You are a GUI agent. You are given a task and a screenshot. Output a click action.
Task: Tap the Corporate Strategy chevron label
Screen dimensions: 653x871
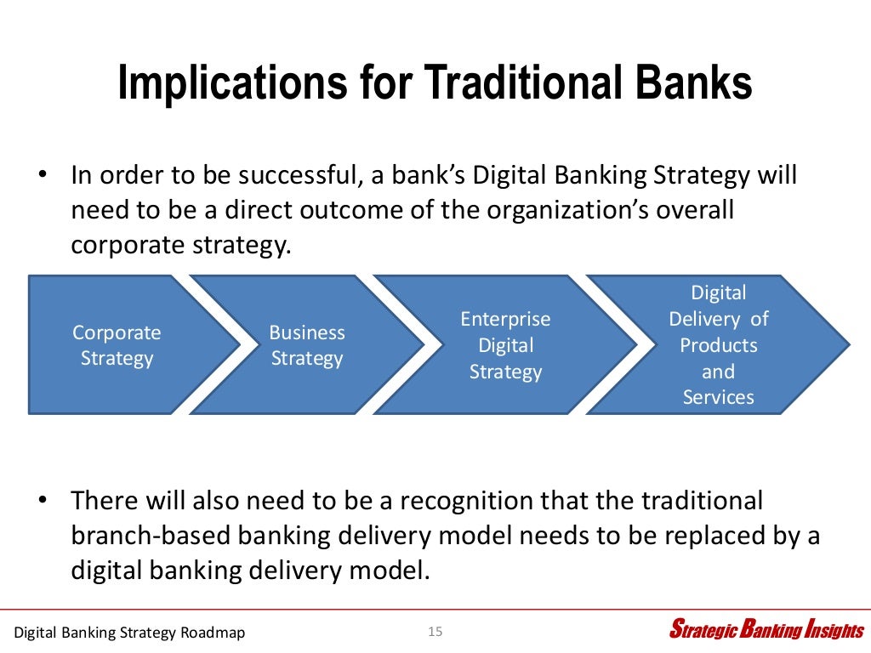point(117,345)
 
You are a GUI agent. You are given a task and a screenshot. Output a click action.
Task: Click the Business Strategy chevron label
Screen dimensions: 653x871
point(307,345)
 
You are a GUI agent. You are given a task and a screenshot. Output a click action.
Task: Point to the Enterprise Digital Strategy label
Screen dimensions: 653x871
point(505,345)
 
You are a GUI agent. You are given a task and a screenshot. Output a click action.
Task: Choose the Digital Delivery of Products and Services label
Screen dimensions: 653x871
point(718,345)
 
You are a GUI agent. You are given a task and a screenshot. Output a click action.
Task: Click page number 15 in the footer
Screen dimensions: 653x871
point(435,631)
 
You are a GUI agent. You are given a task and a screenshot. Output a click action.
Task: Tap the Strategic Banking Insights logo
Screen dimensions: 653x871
point(766,630)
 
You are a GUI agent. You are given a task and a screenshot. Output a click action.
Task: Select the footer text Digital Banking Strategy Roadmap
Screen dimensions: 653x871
point(130,633)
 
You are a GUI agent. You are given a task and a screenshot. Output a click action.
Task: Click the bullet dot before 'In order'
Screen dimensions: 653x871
point(41,176)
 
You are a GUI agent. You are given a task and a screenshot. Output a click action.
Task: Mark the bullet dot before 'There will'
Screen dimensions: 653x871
point(41,501)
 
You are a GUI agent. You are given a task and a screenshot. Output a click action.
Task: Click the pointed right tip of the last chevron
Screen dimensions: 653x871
point(847,345)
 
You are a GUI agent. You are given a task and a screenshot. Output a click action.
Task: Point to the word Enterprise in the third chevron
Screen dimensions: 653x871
point(505,319)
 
